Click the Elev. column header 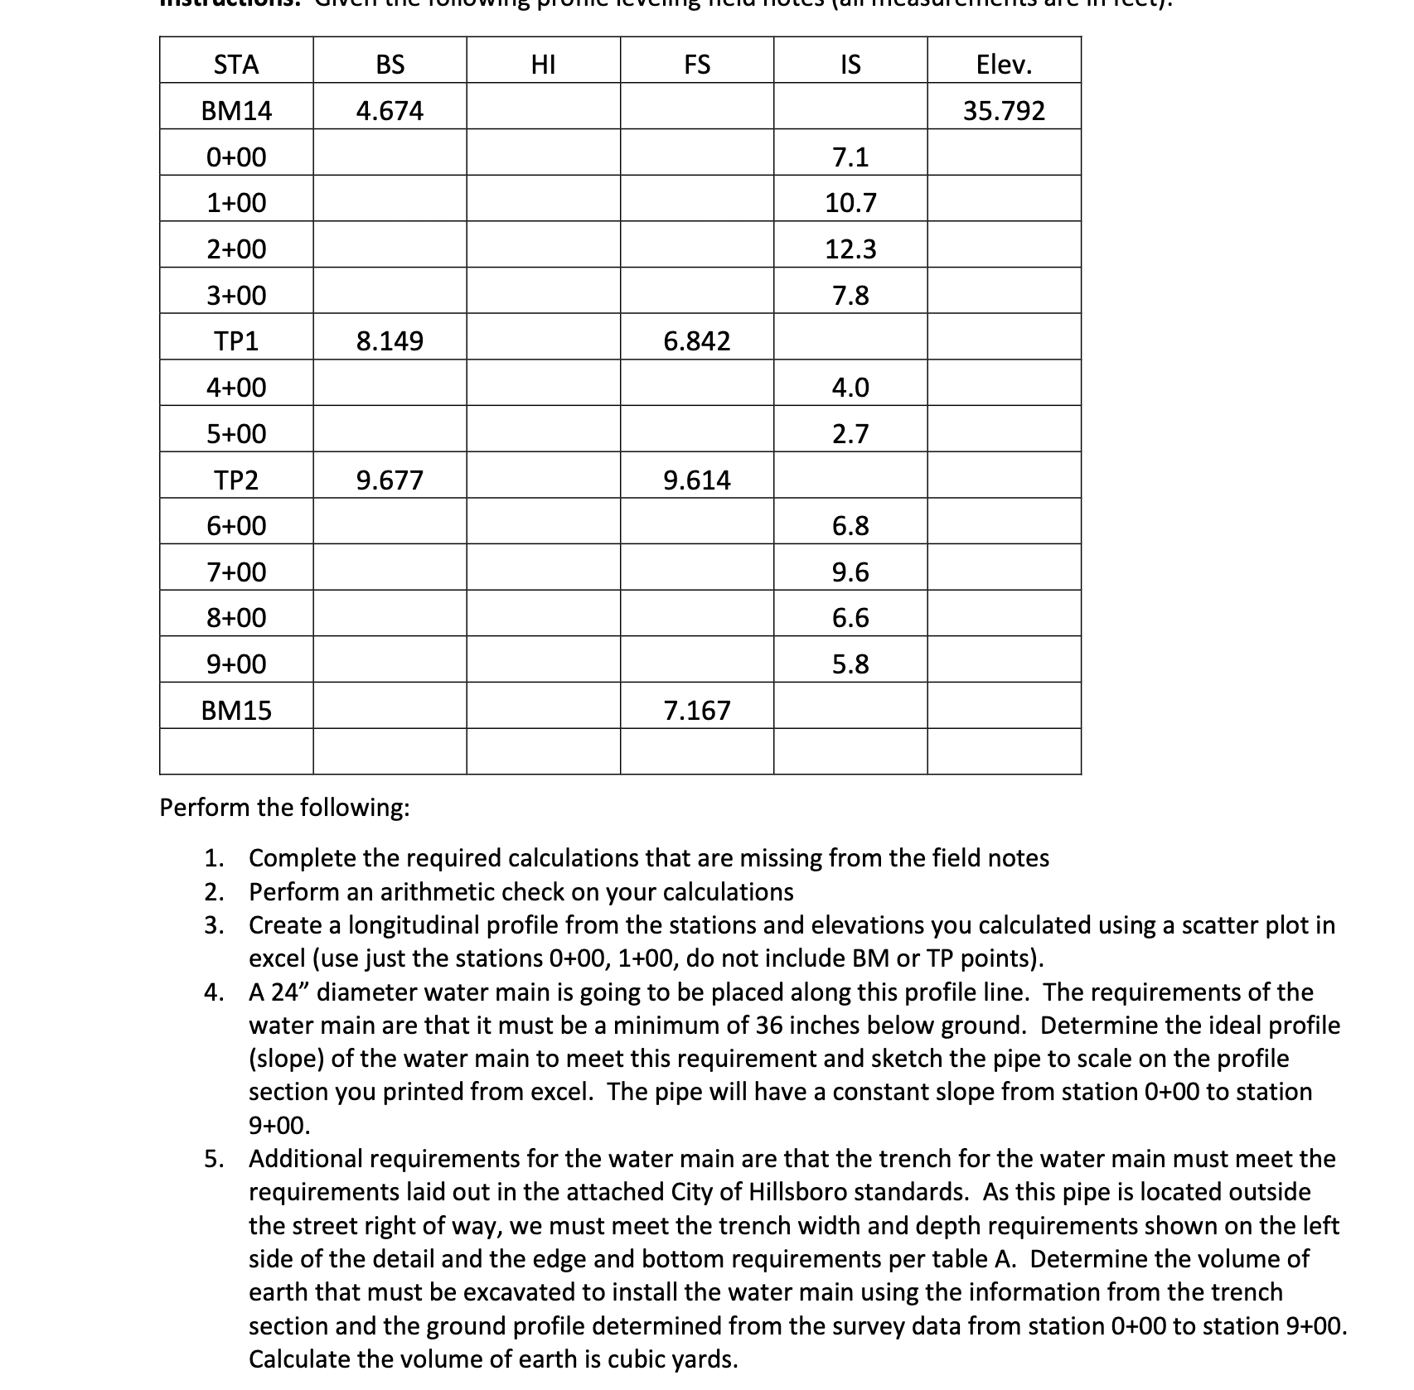[1004, 65]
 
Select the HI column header [543, 65]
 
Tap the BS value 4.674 [390, 111]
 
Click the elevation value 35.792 [1004, 111]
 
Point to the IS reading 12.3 [850, 249]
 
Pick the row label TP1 [236, 341]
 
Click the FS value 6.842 [697, 341]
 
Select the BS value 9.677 [390, 480]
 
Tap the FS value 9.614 [697, 480]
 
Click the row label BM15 [236, 711]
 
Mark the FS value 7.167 [697, 711]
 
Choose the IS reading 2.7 [850, 434]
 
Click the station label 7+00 [236, 572]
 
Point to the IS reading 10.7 [850, 203]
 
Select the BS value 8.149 [390, 341]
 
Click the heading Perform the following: [284, 808]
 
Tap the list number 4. [214, 992]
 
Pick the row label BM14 [236, 111]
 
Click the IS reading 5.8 [850, 664]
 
